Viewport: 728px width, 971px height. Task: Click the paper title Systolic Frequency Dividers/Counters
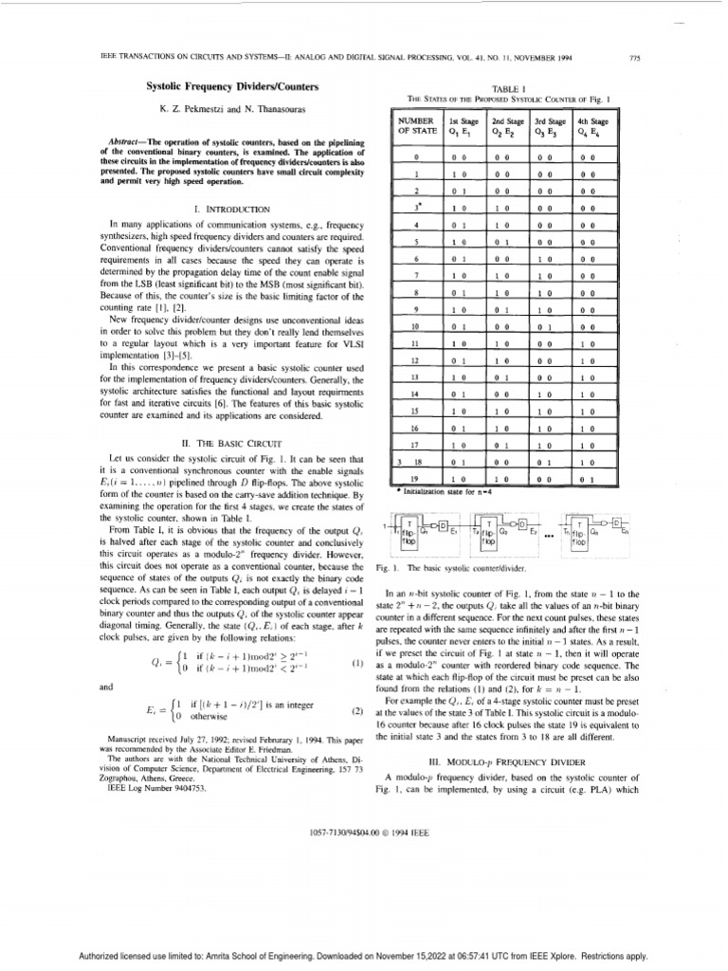(x=209, y=86)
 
